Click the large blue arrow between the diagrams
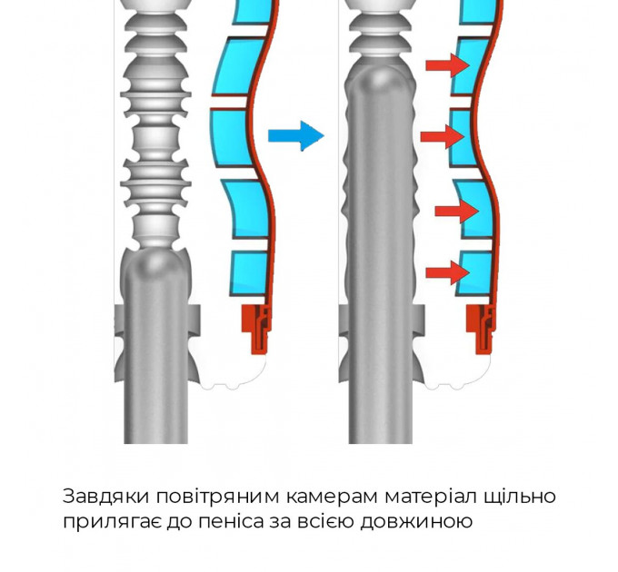click(x=296, y=136)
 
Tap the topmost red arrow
click(x=448, y=65)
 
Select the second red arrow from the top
click(x=443, y=136)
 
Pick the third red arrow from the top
click(x=457, y=211)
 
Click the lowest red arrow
click(x=448, y=272)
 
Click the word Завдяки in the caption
click(x=106, y=497)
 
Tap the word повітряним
click(x=217, y=497)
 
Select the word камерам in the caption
click(x=332, y=497)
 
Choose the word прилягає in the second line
click(x=112, y=522)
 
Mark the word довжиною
click(x=416, y=522)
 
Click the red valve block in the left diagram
click(x=256, y=329)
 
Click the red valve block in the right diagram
click(x=481, y=329)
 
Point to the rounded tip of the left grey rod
click(x=156, y=261)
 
